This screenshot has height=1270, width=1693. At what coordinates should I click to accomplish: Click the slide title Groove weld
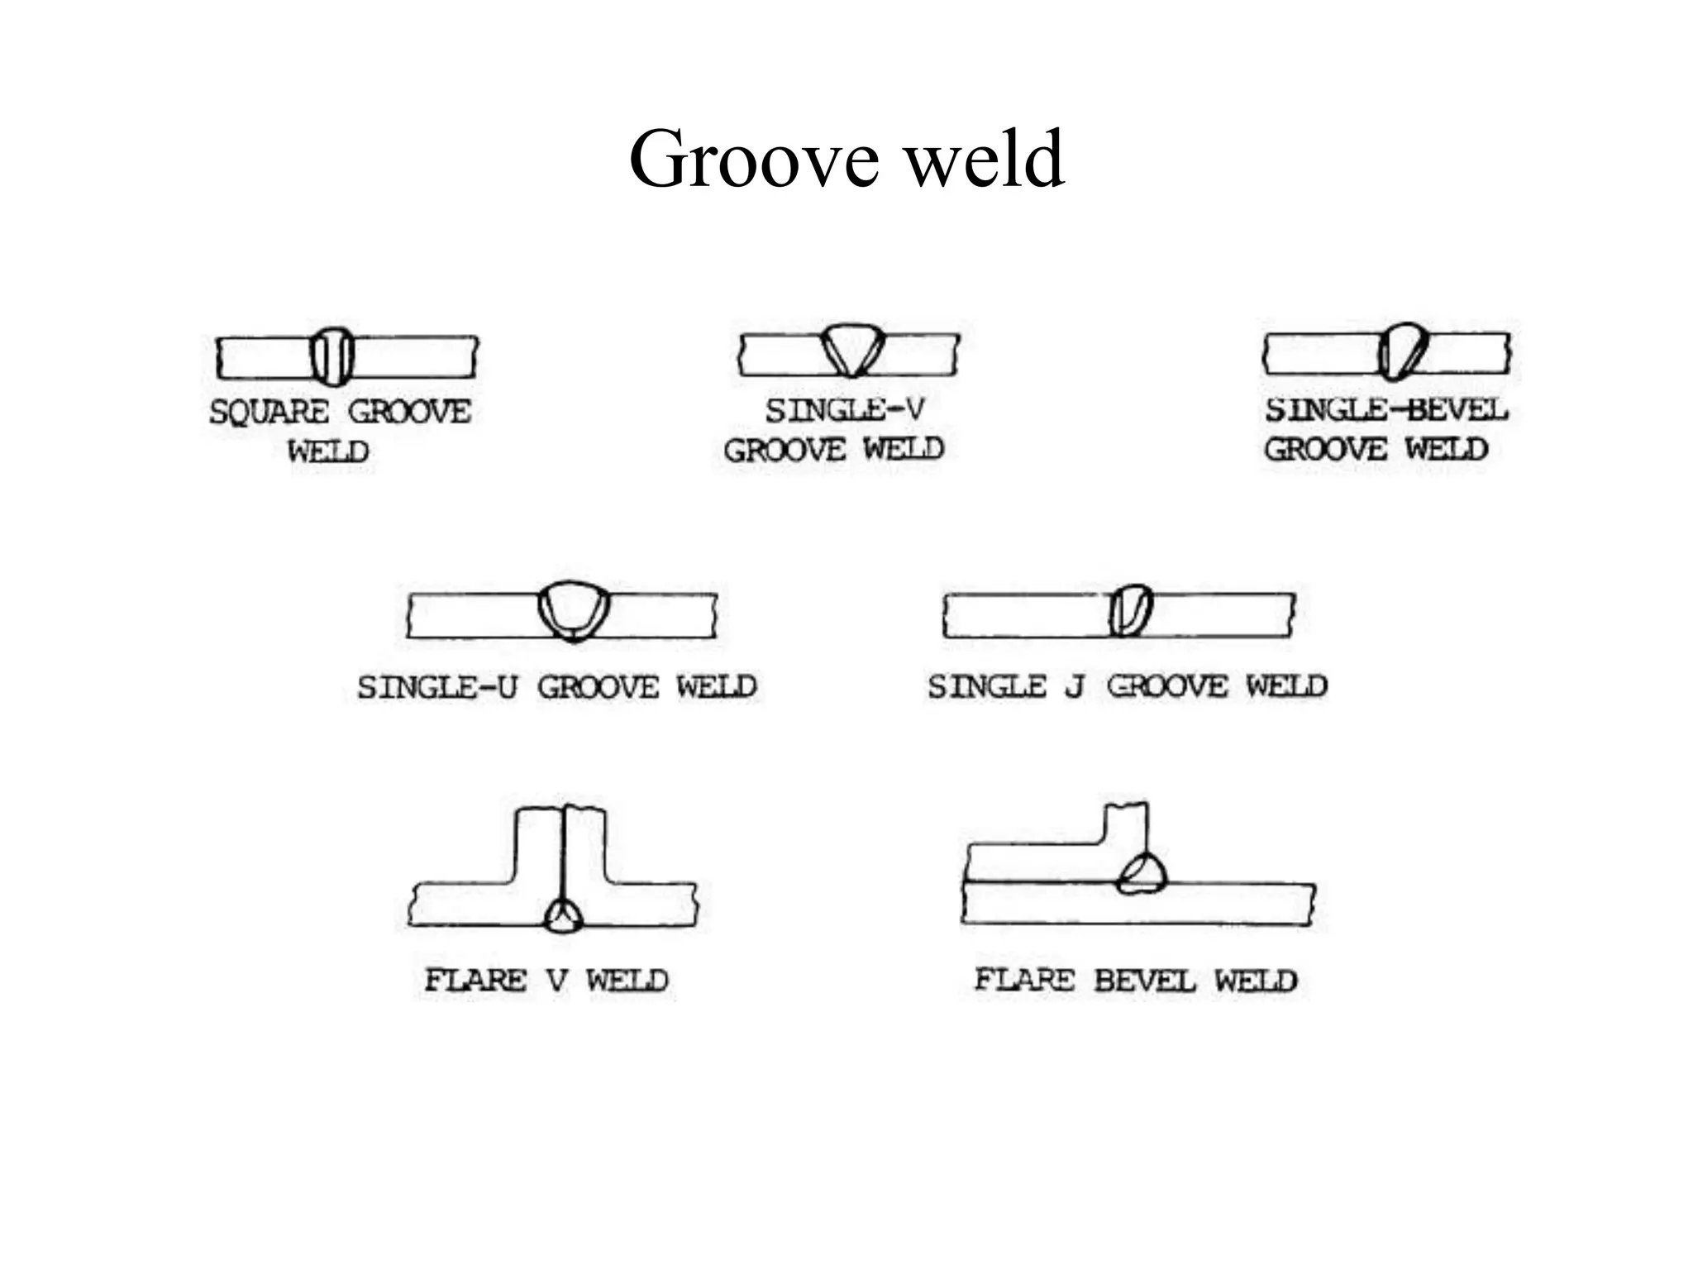click(846, 158)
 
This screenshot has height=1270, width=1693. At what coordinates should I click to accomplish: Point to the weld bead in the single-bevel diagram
click(1402, 352)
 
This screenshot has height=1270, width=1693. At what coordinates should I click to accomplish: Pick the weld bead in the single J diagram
click(1131, 610)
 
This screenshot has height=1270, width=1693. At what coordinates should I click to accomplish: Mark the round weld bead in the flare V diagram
click(564, 915)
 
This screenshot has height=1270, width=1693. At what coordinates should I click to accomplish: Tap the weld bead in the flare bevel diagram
click(1142, 874)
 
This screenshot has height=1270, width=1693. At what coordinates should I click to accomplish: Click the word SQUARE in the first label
click(269, 412)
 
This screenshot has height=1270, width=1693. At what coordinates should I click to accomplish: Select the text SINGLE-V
click(844, 410)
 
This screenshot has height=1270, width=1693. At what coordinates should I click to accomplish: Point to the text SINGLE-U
click(437, 687)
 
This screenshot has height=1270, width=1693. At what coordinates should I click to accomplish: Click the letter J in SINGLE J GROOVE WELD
click(1075, 686)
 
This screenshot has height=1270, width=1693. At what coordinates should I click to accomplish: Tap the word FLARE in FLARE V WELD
click(475, 981)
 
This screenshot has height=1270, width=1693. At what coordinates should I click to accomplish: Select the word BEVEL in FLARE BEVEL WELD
click(1144, 981)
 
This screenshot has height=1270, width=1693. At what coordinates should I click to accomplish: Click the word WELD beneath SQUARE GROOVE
click(328, 451)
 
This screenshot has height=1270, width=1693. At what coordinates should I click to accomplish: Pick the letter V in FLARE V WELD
click(557, 981)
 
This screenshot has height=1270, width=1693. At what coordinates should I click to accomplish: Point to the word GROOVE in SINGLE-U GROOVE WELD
click(598, 687)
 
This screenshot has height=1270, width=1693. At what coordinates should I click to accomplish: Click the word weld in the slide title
click(985, 158)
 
